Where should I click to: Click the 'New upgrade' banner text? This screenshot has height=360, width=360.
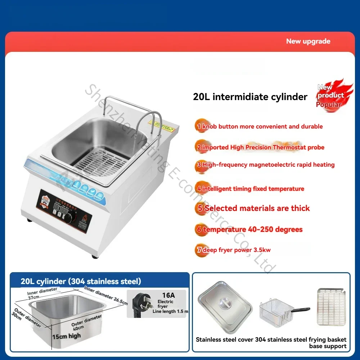pyautogui.click(x=308, y=41)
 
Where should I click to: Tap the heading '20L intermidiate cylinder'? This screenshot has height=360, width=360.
pyautogui.click(x=250, y=97)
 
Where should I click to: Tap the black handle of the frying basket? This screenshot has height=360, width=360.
pyautogui.click(x=300, y=310)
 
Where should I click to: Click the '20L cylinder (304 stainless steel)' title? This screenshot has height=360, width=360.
pyautogui.click(x=81, y=281)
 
